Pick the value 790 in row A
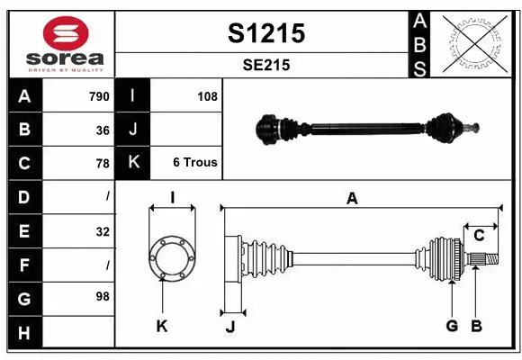[98, 96]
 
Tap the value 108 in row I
[207, 96]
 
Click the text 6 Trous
[194, 163]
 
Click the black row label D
[24, 196]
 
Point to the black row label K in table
[133, 163]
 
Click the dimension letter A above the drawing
[352, 198]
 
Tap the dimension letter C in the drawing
[479, 235]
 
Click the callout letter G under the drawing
[452, 325]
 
